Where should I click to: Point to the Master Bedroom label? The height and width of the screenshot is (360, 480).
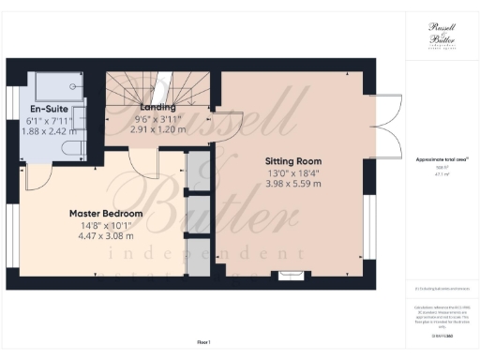106,214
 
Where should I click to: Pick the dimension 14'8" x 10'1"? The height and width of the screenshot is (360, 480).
106,225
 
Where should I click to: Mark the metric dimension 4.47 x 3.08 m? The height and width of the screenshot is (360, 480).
106,237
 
